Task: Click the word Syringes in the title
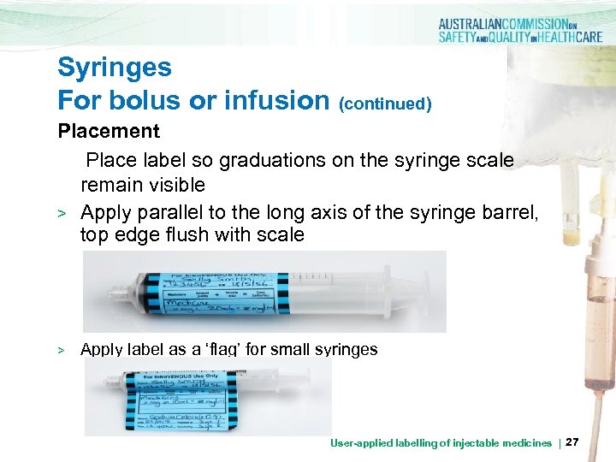[115, 68]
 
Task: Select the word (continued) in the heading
[385, 104]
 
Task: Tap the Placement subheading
[109, 132]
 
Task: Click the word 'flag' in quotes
[257, 349]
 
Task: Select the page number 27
[573, 442]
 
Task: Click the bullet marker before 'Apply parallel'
[61, 211]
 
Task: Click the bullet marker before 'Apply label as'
[61, 350]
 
